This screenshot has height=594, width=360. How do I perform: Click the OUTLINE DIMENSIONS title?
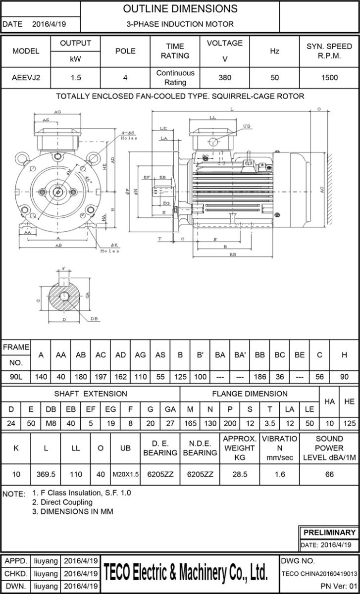click(x=180, y=9)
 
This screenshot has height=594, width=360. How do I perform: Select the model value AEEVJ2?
click(x=26, y=77)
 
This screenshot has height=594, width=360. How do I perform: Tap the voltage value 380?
click(x=224, y=77)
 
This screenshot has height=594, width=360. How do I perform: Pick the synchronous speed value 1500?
click(x=329, y=77)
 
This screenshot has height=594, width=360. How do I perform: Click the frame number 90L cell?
click(x=16, y=377)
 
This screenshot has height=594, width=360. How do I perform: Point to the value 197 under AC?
click(x=101, y=377)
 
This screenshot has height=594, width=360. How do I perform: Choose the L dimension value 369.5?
click(x=46, y=474)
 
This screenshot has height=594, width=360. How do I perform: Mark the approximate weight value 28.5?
click(x=239, y=474)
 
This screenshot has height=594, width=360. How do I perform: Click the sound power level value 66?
click(x=329, y=474)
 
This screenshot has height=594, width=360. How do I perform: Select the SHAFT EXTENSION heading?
click(x=91, y=394)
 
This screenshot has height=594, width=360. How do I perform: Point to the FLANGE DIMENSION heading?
click(x=250, y=394)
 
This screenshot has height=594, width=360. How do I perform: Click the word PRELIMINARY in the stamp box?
click(x=329, y=533)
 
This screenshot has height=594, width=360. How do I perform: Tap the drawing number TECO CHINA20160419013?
click(x=319, y=574)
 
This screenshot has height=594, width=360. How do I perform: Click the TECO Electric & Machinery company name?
click(x=190, y=573)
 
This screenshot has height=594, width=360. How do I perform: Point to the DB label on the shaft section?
click(x=94, y=319)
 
